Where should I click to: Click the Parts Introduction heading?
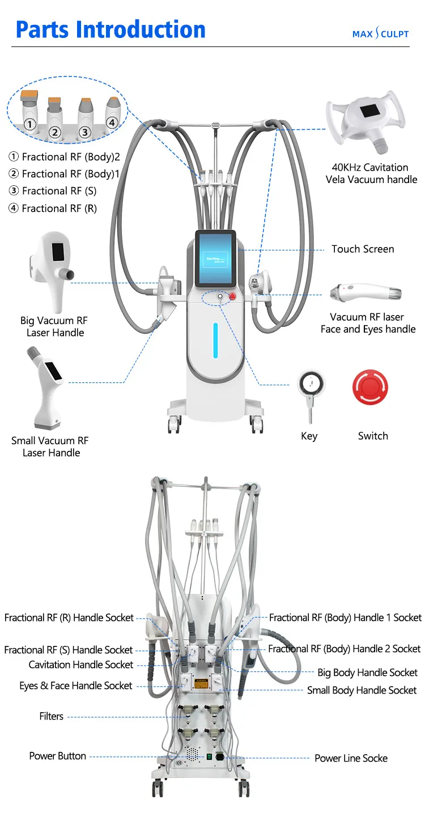tap(110, 29)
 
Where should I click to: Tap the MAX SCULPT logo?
tap(380, 33)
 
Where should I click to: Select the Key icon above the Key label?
tap(312, 388)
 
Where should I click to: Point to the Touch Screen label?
tap(363, 249)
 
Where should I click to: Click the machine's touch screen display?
tap(215, 259)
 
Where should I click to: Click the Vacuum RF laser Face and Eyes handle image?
tap(366, 293)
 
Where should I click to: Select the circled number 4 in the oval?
tap(112, 122)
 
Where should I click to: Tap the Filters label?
tap(51, 717)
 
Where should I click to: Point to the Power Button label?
tap(58, 756)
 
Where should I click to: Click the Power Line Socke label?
tap(351, 758)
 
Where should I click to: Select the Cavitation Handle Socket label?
tap(81, 665)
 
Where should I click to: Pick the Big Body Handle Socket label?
tap(367, 673)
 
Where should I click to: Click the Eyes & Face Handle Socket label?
tap(76, 686)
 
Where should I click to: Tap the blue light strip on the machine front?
tap(215, 340)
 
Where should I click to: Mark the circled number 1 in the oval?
tap(29, 124)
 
